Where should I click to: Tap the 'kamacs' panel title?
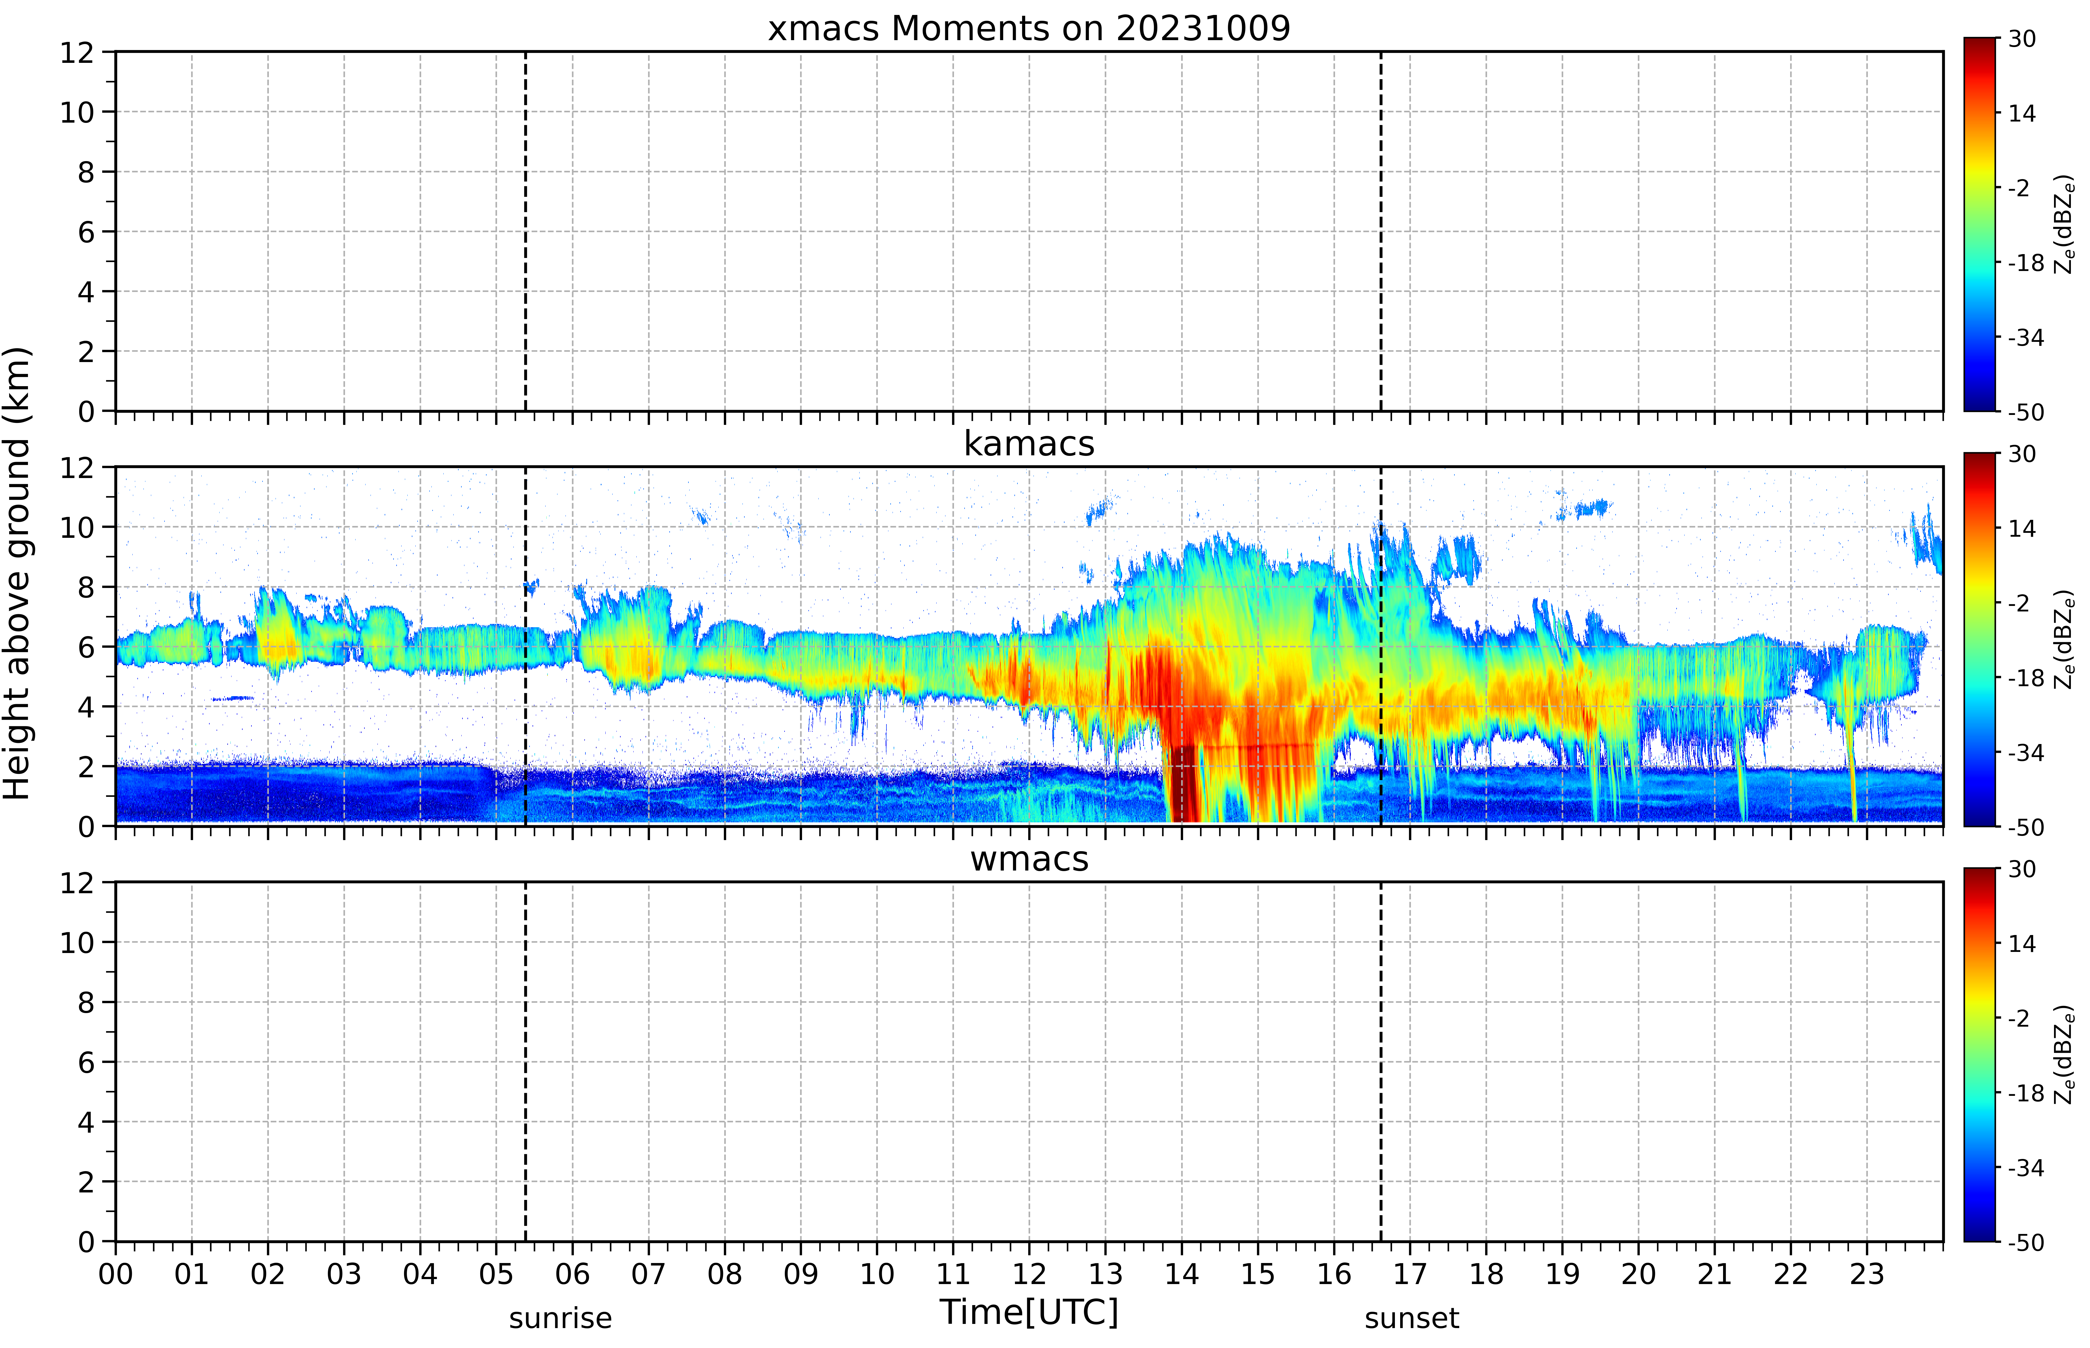1029,444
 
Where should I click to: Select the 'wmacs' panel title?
1029,859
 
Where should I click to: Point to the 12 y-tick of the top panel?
77,53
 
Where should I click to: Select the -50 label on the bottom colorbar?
2025,1242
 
